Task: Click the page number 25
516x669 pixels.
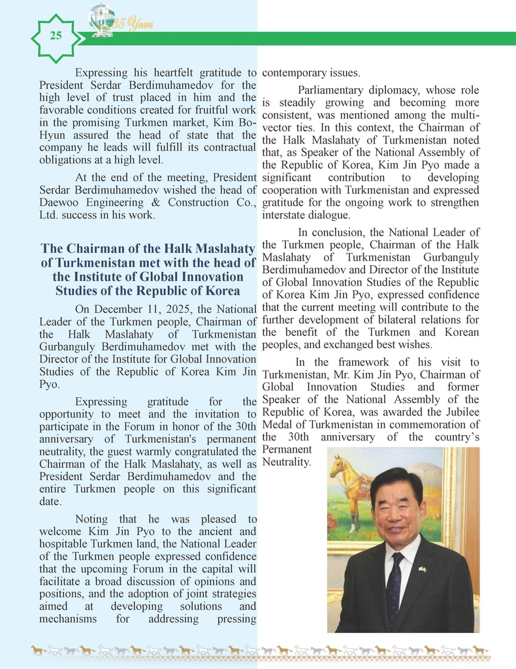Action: tap(56, 37)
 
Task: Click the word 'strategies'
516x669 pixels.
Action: tap(233, 593)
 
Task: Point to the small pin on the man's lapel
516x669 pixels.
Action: tap(422, 569)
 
